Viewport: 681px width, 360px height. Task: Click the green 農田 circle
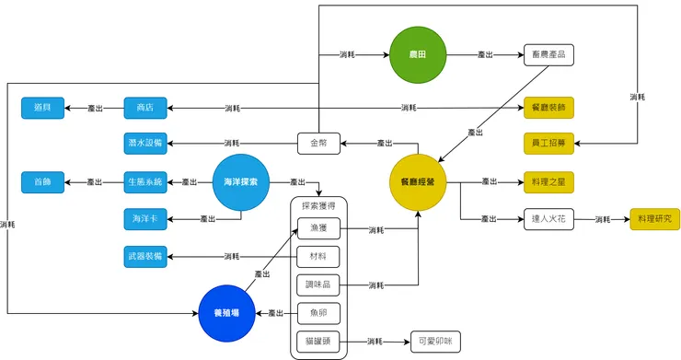click(x=417, y=54)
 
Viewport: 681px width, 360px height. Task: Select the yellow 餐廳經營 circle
click(x=418, y=182)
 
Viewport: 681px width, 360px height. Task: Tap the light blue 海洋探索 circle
click(x=240, y=182)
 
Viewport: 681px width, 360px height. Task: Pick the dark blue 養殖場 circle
click(x=226, y=313)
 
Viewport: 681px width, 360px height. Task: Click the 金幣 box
click(x=319, y=144)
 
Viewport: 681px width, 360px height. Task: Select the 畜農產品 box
click(x=548, y=55)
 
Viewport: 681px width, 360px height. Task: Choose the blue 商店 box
click(x=144, y=108)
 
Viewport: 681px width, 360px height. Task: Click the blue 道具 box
click(x=42, y=108)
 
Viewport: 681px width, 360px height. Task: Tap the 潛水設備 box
click(x=144, y=144)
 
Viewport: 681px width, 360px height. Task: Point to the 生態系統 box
click(x=144, y=182)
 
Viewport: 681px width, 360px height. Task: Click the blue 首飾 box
click(x=42, y=182)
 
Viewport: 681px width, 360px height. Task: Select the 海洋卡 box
click(x=144, y=219)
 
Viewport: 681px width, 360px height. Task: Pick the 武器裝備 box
click(x=144, y=255)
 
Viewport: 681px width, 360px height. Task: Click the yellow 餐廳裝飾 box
click(x=548, y=108)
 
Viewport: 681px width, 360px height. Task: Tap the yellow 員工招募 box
click(x=548, y=144)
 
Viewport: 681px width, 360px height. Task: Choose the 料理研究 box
click(x=654, y=219)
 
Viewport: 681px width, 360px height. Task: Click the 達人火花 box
click(x=548, y=219)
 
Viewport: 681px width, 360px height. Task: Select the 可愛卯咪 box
click(x=433, y=342)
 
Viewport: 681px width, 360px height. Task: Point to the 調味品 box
click(x=319, y=285)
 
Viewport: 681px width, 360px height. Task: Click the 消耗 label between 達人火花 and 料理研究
click(x=603, y=219)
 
